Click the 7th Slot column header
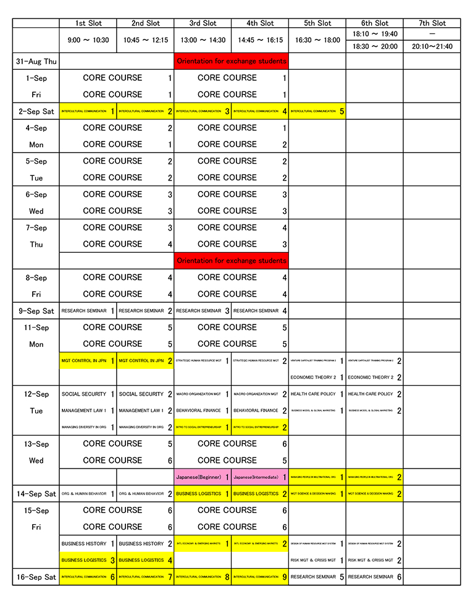click(x=432, y=23)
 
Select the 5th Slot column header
click(x=317, y=23)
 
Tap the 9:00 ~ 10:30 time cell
click(x=88, y=40)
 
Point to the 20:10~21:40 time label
click(x=432, y=46)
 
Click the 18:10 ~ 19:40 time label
click(x=374, y=34)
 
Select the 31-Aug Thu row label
click(x=36, y=61)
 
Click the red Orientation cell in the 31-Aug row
click(x=231, y=61)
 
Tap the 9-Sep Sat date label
click(x=36, y=311)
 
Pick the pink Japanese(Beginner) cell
click(x=203, y=477)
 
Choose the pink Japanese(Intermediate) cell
click(x=259, y=477)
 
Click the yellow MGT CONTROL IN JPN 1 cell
click(x=88, y=360)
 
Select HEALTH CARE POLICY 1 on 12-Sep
click(x=317, y=394)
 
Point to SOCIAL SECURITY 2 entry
click(x=145, y=394)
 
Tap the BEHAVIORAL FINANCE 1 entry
click(x=203, y=410)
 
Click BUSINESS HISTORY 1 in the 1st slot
click(x=88, y=544)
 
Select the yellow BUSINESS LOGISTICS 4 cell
click(x=145, y=561)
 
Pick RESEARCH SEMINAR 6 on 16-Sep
click(x=374, y=577)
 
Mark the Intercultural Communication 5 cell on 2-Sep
click(x=317, y=111)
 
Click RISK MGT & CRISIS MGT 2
click(x=374, y=561)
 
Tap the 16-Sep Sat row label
click(x=36, y=577)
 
